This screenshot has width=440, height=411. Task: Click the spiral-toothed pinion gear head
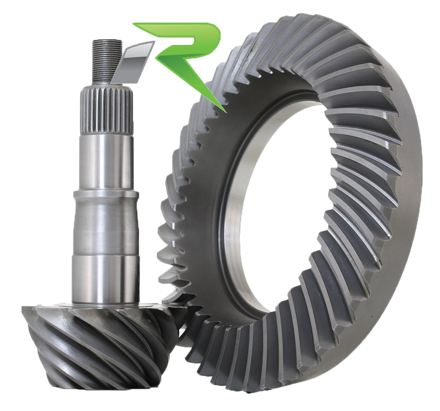[x=104, y=342]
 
